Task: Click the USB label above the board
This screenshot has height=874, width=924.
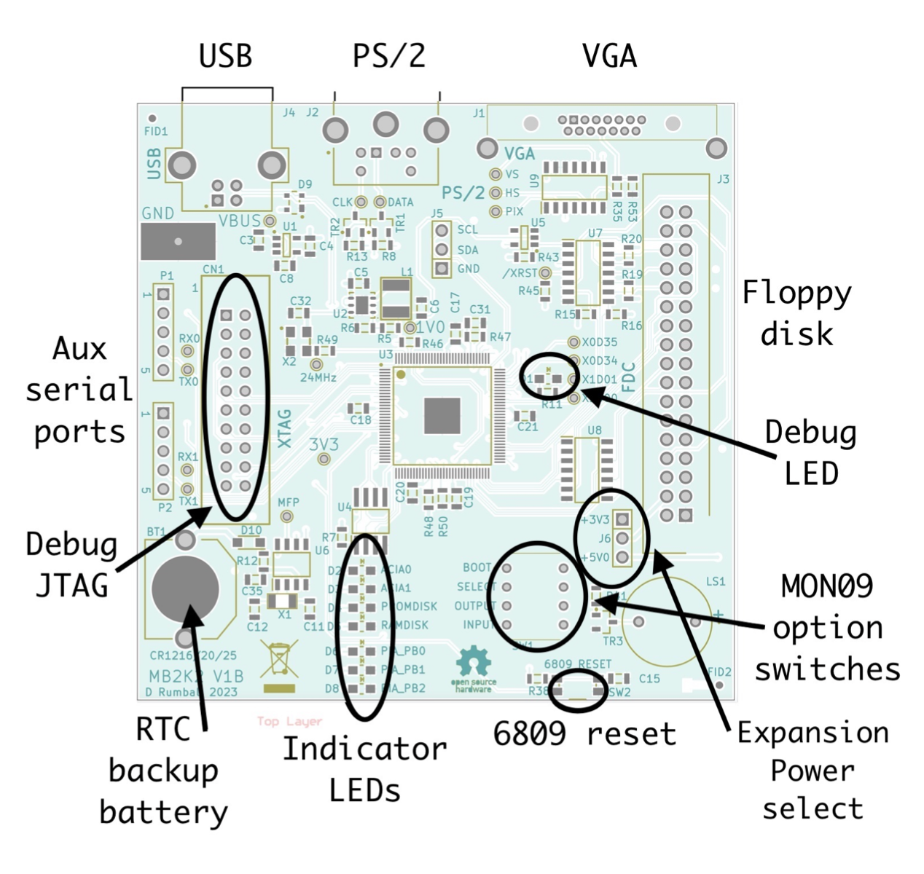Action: tap(226, 56)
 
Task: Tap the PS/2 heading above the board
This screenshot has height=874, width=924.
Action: tap(389, 56)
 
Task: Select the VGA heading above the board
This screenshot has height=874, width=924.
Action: tap(609, 56)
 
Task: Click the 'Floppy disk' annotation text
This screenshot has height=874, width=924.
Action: tap(796, 313)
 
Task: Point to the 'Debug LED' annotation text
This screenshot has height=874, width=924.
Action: tap(810, 453)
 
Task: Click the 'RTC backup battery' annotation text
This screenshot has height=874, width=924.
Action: tap(163, 771)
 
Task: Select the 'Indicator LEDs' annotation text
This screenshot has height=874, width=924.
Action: tap(364, 769)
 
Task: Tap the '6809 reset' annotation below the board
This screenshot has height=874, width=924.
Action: tap(584, 733)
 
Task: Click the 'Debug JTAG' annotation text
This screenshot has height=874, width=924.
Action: tap(71, 564)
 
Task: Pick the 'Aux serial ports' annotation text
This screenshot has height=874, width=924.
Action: tap(79, 390)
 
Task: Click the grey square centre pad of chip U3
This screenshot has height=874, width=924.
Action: tap(442, 416)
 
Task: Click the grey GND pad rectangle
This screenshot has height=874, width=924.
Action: tap(178, 241)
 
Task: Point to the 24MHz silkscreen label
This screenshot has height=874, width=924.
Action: tap(318, 378)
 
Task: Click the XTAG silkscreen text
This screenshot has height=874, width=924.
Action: tap(284, 428)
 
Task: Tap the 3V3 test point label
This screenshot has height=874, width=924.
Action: tap(324, 444)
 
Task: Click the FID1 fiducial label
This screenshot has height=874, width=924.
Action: tap(156, 132)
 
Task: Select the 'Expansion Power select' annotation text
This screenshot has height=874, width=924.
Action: tap(813, 770)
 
